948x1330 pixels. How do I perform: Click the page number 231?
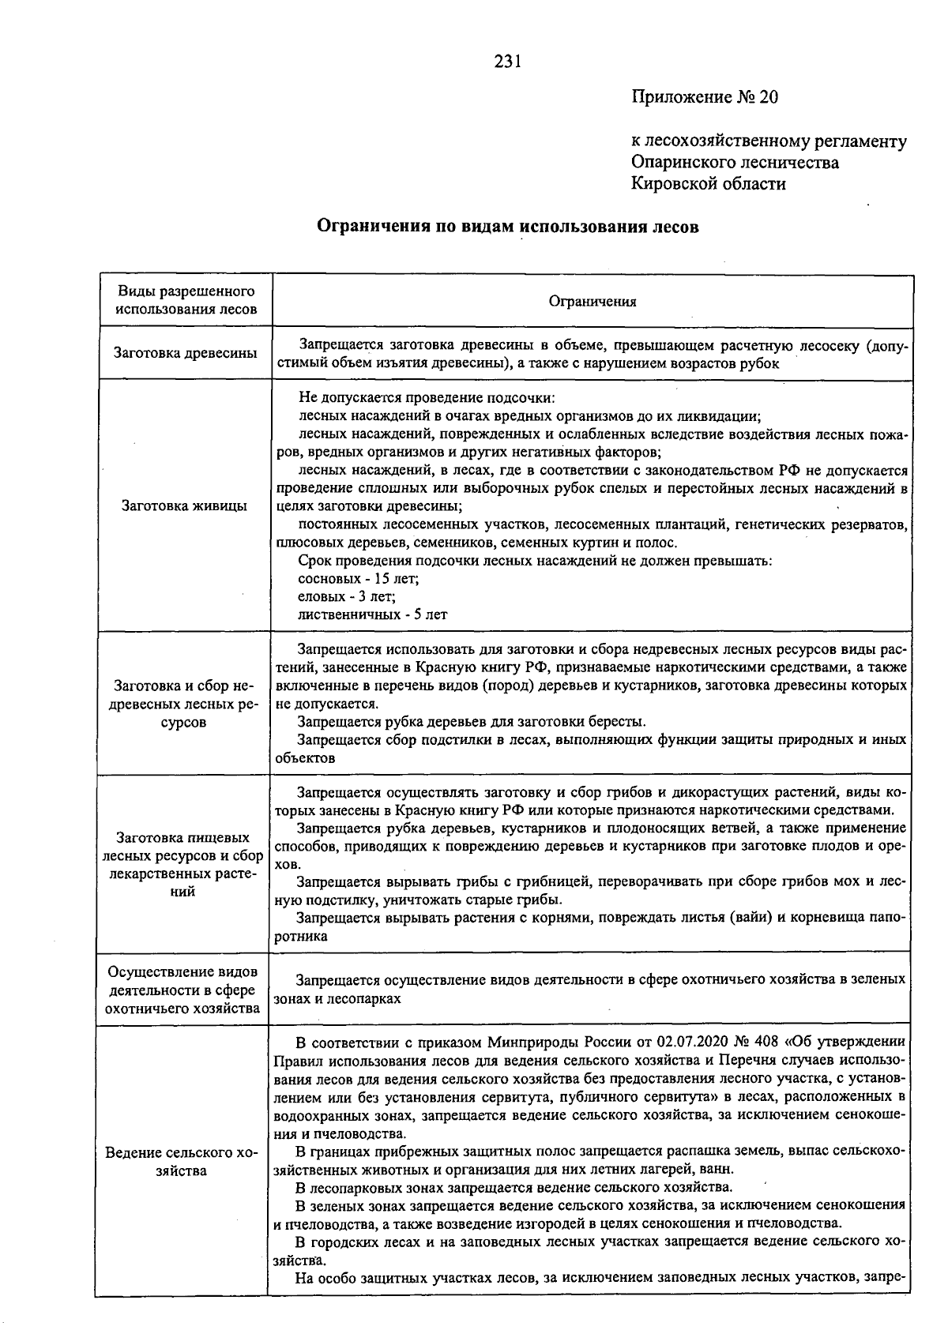click(508, 62)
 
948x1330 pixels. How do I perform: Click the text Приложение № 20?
click(705, 97)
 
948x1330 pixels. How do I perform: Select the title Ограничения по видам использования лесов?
click(508, 227)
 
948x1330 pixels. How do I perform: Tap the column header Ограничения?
click(592, 301)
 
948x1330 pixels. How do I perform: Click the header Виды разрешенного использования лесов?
click(186, 300)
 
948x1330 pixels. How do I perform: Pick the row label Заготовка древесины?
click(186, 353)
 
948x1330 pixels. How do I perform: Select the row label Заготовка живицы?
click(184, 505)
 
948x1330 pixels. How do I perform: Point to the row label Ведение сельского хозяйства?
click(182, 1162)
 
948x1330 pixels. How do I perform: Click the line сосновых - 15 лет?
click(358, 579)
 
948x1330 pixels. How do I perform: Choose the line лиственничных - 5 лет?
click(372, 614)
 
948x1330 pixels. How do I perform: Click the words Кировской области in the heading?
click(709, 184)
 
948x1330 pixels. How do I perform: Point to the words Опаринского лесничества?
click(735, 163)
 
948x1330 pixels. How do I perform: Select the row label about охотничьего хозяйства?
click(183, 990)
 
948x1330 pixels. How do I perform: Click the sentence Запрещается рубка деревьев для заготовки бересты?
click(472, 721)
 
